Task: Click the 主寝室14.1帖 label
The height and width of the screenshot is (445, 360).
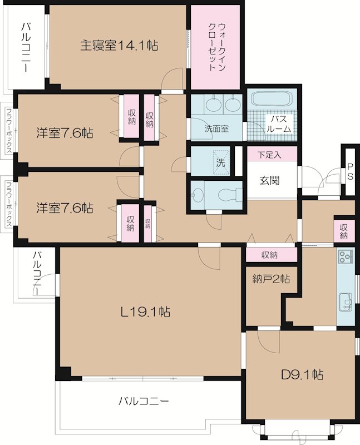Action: [119, 45]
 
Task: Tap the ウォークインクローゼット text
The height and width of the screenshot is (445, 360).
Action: [217, 47]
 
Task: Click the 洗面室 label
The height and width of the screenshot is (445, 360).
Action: [216, 129]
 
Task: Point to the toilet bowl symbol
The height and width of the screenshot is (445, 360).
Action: [229, 195]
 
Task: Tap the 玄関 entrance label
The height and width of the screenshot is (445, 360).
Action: [269, 180]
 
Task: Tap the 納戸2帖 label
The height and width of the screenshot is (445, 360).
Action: [271, 279]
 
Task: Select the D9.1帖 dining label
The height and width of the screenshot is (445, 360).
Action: [302, 375]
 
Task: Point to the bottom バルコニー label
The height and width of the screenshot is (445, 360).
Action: [144, 401]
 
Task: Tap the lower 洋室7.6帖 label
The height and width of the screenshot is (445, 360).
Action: [65, 208]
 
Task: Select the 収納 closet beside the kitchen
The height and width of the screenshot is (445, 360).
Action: [344, 231]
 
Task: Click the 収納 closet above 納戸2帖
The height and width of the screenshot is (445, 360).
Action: [269, 255]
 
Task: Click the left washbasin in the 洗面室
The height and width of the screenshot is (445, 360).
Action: [214, 105]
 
